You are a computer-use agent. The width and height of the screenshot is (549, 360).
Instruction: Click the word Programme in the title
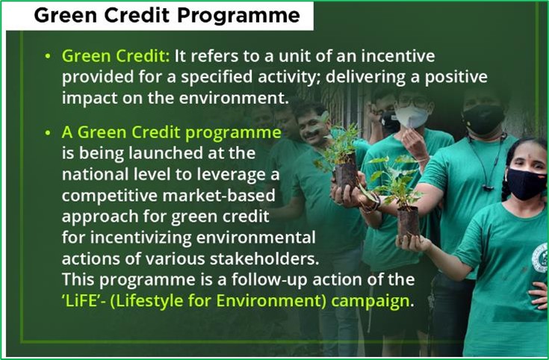click(x=238, y=16)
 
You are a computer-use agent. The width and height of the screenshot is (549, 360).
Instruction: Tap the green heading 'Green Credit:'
click(x=116, y=56)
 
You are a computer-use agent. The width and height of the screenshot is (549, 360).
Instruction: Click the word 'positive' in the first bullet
click(x=456, y=78)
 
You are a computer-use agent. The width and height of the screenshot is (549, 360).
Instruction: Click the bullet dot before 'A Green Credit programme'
click(x=48, y=133)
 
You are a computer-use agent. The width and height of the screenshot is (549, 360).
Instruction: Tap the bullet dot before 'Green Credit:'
click(x=48, y=56)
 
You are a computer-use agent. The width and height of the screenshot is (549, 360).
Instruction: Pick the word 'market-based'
click(x=219, y=196)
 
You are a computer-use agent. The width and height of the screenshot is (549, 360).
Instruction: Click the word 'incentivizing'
click(x=140, y=238)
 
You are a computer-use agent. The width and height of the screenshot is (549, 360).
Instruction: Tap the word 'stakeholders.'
click(x=264, y=259)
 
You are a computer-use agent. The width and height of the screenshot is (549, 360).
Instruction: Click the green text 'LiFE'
click(x=81, y=301)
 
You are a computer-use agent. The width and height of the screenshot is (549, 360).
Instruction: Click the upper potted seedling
click(x=342, y=158)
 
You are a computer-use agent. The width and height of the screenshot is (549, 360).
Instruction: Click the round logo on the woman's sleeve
click(x=540, y=258)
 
